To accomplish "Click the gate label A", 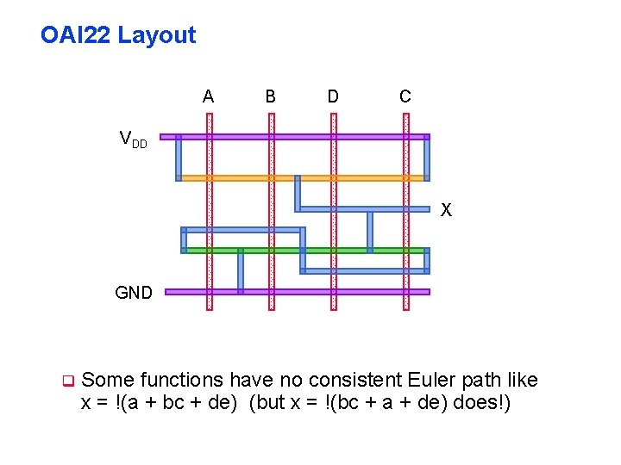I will coord(208,97).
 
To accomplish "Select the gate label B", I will coord(271,97).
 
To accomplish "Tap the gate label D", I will coord(333,97).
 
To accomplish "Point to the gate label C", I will coord(405,97).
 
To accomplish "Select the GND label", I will coord(134,293).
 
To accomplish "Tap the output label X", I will coord(446,210).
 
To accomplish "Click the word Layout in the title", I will coord(157,35).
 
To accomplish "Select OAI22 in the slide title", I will coord(76,35).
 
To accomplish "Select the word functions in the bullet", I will coord(179,380).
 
